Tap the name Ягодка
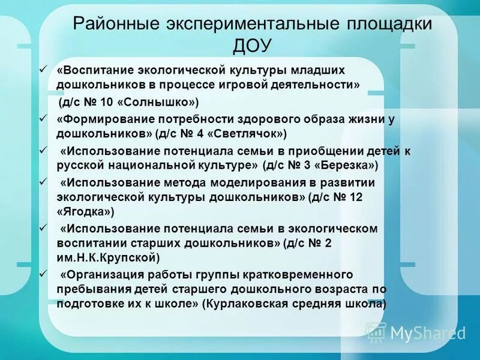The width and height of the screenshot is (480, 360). [x=84, y=212]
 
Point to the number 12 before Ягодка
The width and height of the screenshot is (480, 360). [x=356, y=196]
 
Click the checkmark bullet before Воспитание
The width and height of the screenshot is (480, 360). [x=42, y=70]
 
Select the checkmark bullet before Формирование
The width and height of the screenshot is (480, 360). [x=42, y=118]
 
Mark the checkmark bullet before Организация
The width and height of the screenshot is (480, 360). [x=42, y=274]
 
